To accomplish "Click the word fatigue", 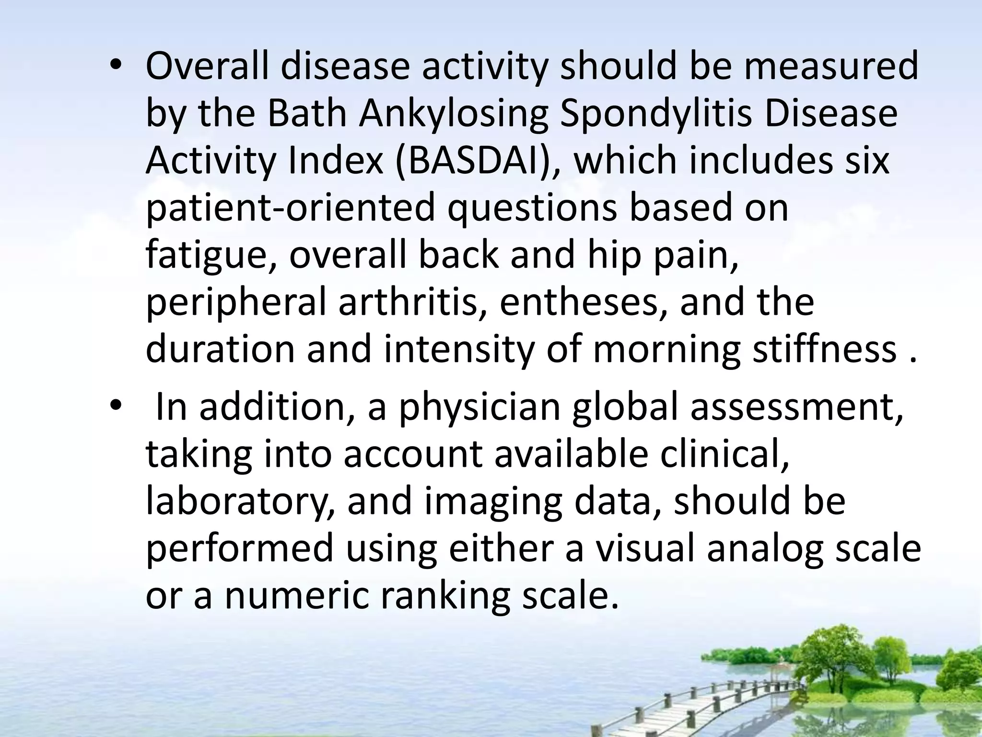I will point(210,255).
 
